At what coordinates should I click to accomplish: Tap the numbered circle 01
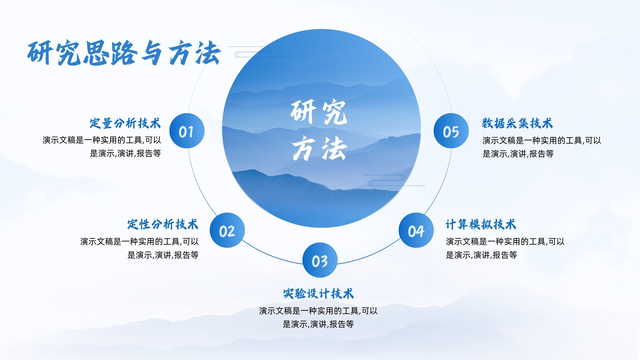click(x=187, y=131)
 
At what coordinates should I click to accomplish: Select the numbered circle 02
click(x=227, y=230)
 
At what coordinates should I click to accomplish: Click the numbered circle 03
click(x=320, y=260)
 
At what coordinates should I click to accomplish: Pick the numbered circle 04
click(x=416, y=230)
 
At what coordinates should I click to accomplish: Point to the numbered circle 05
click(x=451, y=131)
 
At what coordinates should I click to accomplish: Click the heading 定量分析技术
click(x=125, y=123)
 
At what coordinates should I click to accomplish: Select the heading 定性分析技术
click(x=162, y=224)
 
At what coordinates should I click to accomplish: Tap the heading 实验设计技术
click(x=318, y=294)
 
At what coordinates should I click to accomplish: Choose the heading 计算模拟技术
click(x=481, y=224)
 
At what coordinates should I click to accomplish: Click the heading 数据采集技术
click(x=518, y=123)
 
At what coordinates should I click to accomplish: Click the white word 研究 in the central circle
click(x=319, y=112)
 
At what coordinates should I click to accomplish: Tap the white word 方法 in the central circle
click(x=320, y=148)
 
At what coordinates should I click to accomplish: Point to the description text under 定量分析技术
click(x=102, y=146)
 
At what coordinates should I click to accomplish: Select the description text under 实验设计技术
click(x=318, y=317)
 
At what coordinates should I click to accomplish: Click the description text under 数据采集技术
click(x=542, y=147)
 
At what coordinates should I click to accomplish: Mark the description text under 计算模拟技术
click(x=505, y=248)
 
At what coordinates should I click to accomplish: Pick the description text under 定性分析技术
click(x=140, y=248)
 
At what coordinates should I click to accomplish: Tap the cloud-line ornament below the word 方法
click(x=394, y=180)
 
